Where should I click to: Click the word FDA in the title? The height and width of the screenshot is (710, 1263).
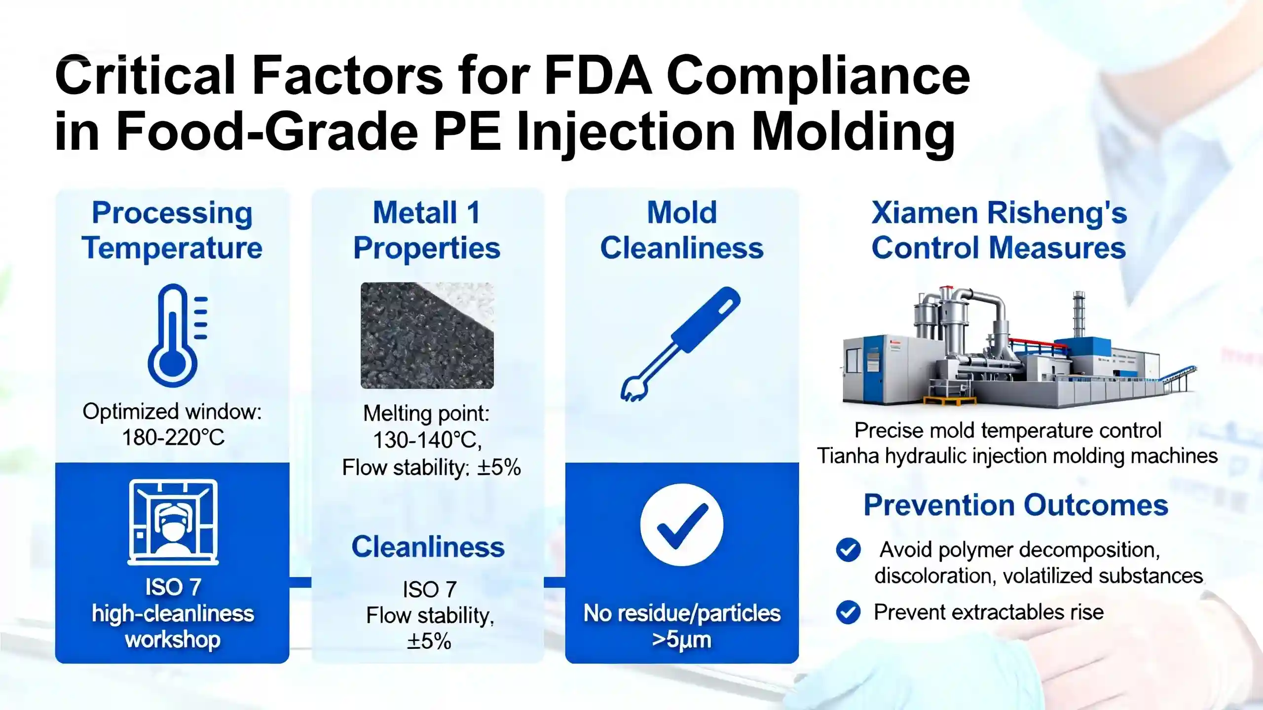click(x=599, y=76)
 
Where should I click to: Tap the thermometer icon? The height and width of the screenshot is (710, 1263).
click(x=177, y=335)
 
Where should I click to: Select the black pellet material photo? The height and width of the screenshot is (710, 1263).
click(x=427, y=335)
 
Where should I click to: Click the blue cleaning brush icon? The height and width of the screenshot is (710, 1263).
click(x=680, y=344)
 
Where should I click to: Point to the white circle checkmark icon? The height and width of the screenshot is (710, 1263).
click(x=682, y=525)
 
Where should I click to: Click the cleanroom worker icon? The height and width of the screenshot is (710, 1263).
click(x=173, y=522)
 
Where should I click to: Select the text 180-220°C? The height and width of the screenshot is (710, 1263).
click(x=173, y=437)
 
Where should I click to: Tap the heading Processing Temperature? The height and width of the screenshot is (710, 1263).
click(x=172, y=230)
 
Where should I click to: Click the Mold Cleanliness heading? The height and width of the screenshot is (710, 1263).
click(x=682, y=230)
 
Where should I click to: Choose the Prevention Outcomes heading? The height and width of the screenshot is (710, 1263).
click(x=1016, y=505)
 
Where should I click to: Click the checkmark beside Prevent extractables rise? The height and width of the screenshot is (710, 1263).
click(x=848, y=612)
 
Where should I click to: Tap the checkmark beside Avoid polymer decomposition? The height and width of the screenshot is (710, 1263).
click(x=848, y=550)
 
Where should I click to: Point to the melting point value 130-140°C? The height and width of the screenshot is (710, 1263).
click(x=427, y=440)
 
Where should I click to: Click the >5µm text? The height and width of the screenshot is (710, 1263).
click(x=682, y=639)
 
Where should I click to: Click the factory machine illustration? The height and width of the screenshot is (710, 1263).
click(x=1019, y=348)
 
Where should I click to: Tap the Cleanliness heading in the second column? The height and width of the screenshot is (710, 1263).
click(x=428, y=547)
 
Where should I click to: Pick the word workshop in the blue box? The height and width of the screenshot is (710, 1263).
click(x=173, y=640)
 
